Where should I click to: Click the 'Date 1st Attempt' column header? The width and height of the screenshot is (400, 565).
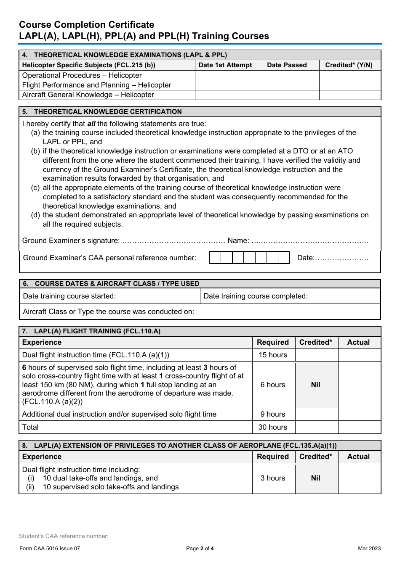click(225, 65)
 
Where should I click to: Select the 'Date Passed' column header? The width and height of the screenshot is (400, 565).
click(287, 65)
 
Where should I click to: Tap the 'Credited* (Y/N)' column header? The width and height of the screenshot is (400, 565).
click(349, 65)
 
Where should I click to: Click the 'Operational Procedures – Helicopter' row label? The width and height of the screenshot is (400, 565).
click(82, 76)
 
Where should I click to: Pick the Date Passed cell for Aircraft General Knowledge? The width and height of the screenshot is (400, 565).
click(288, 95)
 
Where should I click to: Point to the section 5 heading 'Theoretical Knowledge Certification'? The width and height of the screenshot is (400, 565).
click(108, 112)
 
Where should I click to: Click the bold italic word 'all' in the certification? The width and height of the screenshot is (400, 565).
click(91, 124)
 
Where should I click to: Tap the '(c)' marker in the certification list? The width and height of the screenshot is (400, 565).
click(36, 188)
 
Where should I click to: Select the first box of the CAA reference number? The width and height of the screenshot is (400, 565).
click(215, 258)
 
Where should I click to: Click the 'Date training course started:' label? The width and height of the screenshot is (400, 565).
click(69, 296)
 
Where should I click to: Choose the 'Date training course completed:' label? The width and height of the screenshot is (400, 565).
click(256, 296)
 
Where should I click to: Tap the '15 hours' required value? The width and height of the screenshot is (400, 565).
click(273, 355)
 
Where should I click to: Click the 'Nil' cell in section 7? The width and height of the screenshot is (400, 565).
click(316, 385)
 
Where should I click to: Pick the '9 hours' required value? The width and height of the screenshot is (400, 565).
click(273, 415)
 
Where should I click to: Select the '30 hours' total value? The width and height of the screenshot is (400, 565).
click(273, 428)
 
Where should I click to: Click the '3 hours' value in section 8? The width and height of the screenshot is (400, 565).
click(273, 478)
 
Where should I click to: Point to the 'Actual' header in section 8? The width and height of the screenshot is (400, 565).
click(358, 457)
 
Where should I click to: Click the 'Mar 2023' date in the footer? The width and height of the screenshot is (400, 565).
click(369, 549)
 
